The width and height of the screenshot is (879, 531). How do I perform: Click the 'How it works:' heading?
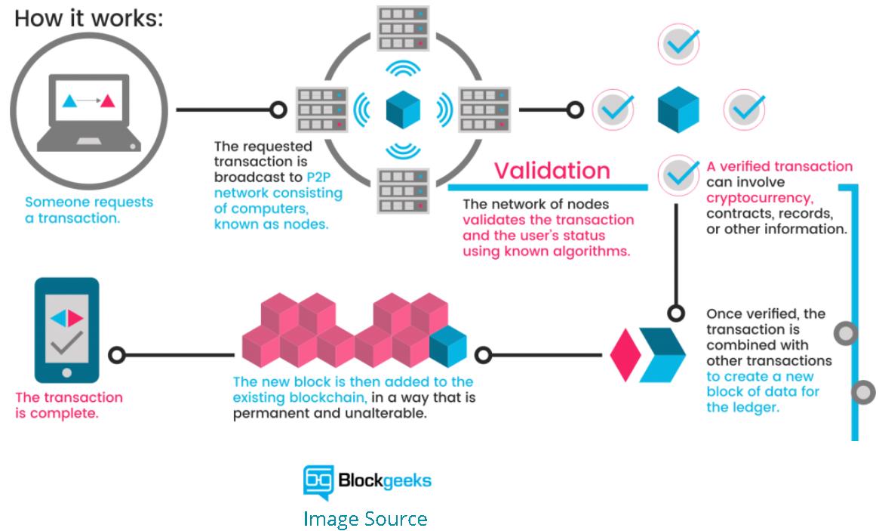[x=88, y=17]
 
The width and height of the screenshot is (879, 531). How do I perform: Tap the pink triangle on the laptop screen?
[x=108, y=100]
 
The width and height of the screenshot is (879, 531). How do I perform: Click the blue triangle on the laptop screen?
[x=69, y=100]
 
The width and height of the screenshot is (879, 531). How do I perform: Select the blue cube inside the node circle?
[x=403, y=110]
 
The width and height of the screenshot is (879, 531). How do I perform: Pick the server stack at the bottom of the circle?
[x=402, y=190]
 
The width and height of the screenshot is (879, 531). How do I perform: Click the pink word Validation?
[x=552, y=170]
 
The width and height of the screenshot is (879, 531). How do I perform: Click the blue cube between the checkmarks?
[x=678, y=110]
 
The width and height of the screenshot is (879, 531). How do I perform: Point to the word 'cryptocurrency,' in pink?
[x=759, y=199]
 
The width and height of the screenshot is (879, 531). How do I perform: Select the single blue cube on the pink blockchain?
[x=448, y=347]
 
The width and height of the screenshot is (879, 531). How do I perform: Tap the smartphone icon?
[x=67, y=331]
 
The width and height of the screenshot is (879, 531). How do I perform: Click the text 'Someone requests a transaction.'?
[x=89, y=210]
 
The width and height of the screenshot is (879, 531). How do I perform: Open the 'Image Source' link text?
[x=365, y=519]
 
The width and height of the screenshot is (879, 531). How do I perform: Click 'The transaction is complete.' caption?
[x=69, y=405]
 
